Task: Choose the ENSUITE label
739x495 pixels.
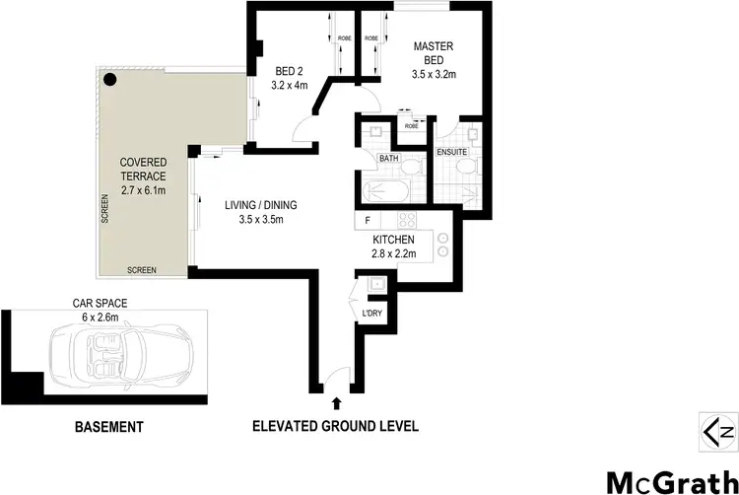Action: pyautogui.click(x=453, y=152)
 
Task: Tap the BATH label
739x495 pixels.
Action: pyautogui.click(x=388, y=158)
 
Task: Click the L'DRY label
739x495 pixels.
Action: pyautogui.click(x=371, y=313)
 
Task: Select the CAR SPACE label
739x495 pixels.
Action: pyautogui.click(x=101, y=305)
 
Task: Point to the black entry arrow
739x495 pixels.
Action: pyautogui.click(x=337, y=402)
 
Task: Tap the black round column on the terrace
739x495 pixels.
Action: pyautogui.click(x=110, y=78)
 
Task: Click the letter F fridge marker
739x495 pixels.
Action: pyautogui.click(x=368, y=220)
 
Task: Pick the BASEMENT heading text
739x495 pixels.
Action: pyautogui.click(x=109, y=427)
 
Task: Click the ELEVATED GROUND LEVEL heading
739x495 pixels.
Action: pyautogui.click(x=336, y=427)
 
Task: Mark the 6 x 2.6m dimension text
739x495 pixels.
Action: pyautogui.click(x=100, y=318)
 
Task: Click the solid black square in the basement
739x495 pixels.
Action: pyautogui.click(x=27, y=387)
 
